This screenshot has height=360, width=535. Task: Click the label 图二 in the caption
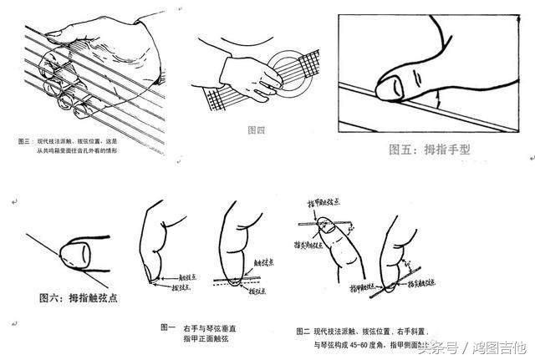point(303,332)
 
